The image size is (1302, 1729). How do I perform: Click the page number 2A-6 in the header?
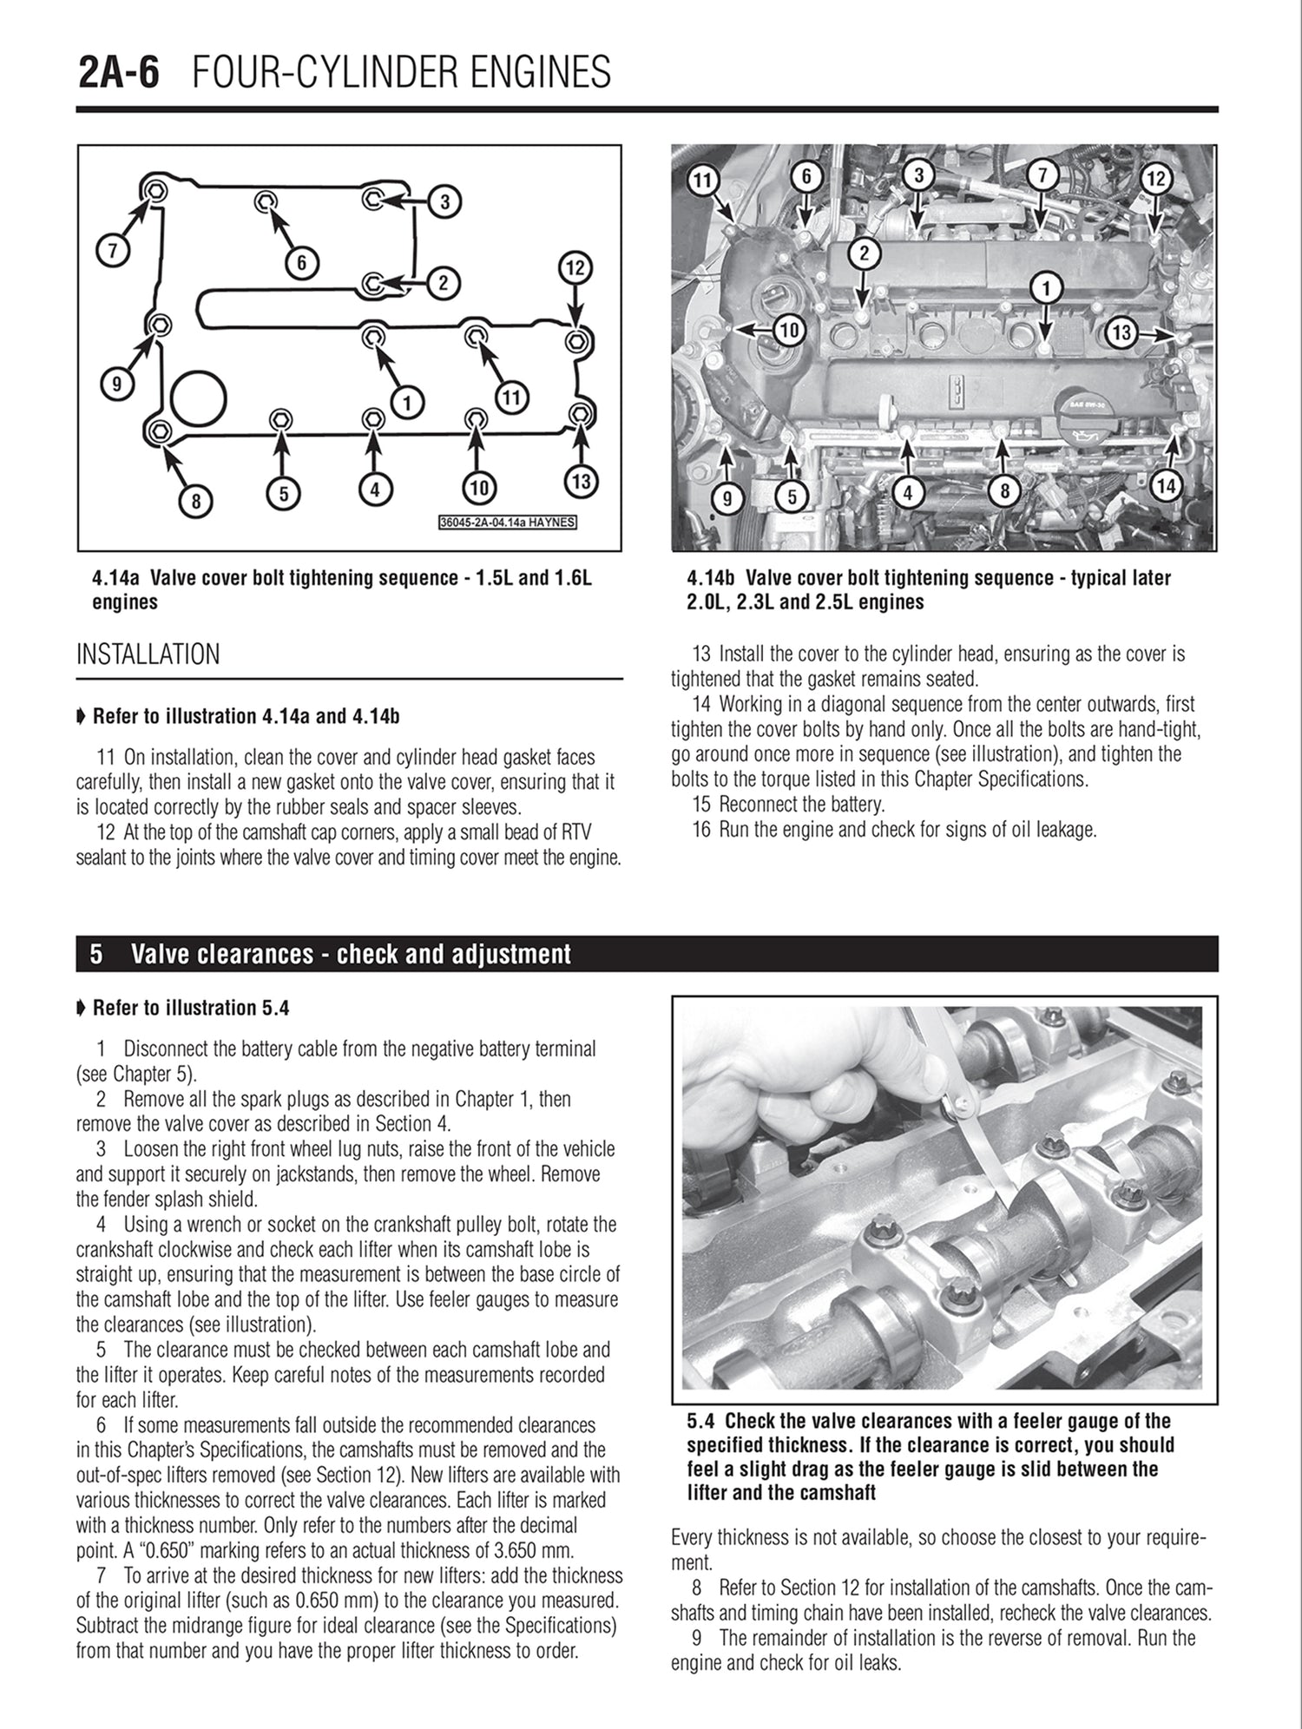pos(119,73)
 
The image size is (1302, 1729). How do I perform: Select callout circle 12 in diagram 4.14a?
pos(575,267)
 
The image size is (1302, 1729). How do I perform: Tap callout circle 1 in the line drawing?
pos(408,401)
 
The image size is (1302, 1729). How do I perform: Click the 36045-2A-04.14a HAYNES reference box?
pos(508,523)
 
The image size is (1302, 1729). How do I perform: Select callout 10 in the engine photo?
pos(788,330)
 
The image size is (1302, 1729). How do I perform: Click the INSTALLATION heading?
pos(148,654)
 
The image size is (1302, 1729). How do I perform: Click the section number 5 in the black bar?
pos(96,955)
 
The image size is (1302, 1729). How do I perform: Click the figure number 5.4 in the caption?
pos(701,1421)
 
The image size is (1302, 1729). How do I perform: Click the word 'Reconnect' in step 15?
pos(759,804)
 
